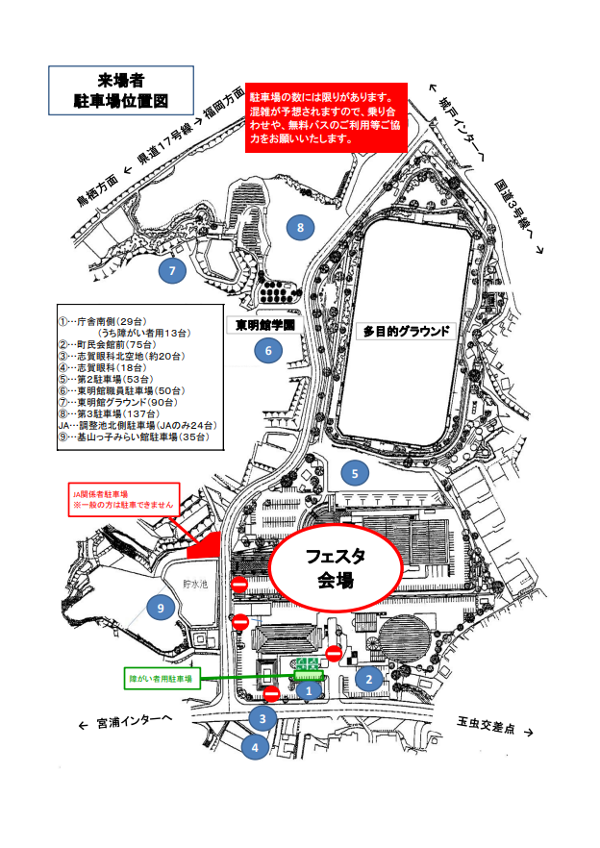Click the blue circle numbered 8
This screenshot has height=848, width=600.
pos(301,228)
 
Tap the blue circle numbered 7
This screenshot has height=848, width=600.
pos(172,270)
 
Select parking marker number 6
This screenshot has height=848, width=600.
pos(268,351)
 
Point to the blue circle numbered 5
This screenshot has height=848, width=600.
pos(355,473)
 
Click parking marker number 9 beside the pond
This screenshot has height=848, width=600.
pos(162,607)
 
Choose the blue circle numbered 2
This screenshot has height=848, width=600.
pos(367,678)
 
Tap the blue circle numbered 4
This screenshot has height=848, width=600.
pos(254,746)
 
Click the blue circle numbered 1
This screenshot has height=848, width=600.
pos(309,688)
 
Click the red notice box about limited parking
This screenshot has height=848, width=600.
pos(327,118)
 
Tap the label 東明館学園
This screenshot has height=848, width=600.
pos(264,326)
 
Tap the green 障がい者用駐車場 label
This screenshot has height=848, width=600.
pos(161,678)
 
